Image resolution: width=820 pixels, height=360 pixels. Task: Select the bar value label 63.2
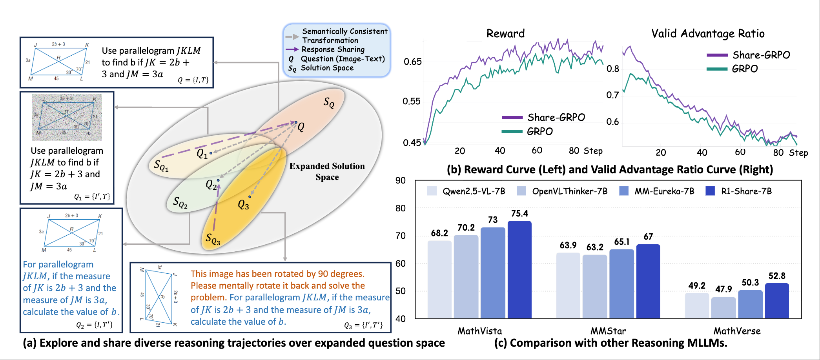pyautogui.click(x=595, y=247)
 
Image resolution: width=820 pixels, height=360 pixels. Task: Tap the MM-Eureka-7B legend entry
pyautogui.click(x=656, y=191)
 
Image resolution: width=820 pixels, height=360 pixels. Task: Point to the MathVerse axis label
pyautogui.click(x=737, y=331)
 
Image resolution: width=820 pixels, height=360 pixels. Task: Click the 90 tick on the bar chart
pyautogui.click(x=401, y=181)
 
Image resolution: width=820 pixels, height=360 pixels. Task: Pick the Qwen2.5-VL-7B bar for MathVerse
pyautogui.click(x=697, y=305)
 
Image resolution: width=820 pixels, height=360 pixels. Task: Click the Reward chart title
pyautogui.click(x=505, y=33)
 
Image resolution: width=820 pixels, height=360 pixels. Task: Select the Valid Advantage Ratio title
pyautogui.click(x=708, y=33)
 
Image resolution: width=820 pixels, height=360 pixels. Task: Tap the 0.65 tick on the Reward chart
pyautogui.click(x=413, y=62)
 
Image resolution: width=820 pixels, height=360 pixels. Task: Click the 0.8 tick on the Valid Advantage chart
pyautogui.click(x=612, y=69)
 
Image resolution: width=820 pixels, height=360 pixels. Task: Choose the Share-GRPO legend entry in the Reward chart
pyautogui.click(x=543, y=117)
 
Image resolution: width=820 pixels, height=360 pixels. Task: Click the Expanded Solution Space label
pyautogui.click(x=327, y=171)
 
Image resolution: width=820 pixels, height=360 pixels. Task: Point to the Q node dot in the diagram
pyautogui.click(x=296, y=122)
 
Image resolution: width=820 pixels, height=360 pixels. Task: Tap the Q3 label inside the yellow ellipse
pyautogui.click(x=243, y=205)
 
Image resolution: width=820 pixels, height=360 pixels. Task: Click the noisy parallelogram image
pyautogui.click(x=67, y=117)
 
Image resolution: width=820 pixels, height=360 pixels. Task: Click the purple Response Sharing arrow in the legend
pyautogui.click(x=292, y=49)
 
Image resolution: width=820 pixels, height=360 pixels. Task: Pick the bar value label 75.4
pyautogui.click(x=519, y=213)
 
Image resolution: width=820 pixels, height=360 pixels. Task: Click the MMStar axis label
pyautogui.click(x=608, y=331)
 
